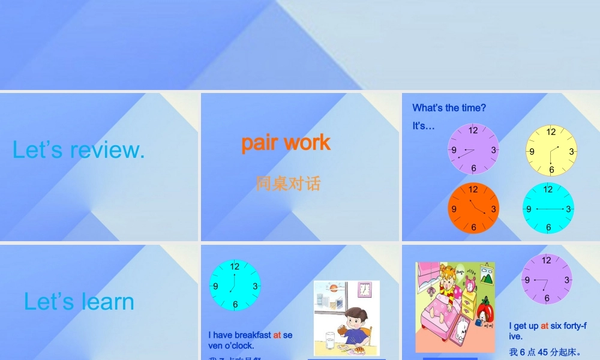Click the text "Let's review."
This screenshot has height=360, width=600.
79,150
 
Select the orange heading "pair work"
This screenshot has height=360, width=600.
286,142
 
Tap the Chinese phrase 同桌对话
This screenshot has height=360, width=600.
288,184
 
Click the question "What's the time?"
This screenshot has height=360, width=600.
449,108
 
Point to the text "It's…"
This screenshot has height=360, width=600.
423,126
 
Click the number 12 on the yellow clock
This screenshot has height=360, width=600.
551,132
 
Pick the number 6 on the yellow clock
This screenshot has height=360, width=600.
551,170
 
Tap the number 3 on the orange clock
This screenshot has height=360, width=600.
493,209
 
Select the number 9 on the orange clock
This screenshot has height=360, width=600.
454,209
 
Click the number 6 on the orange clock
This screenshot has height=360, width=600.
473,227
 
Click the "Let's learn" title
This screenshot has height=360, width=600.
79,302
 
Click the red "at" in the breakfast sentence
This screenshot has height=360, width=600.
277,335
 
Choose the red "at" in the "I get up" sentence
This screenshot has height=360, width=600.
544,326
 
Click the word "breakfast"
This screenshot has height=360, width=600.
253,335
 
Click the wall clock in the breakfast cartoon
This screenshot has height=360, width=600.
364,290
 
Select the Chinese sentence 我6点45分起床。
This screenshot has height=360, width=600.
545,352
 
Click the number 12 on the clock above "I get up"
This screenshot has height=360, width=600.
546,260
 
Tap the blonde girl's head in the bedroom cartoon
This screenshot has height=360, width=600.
447,277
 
